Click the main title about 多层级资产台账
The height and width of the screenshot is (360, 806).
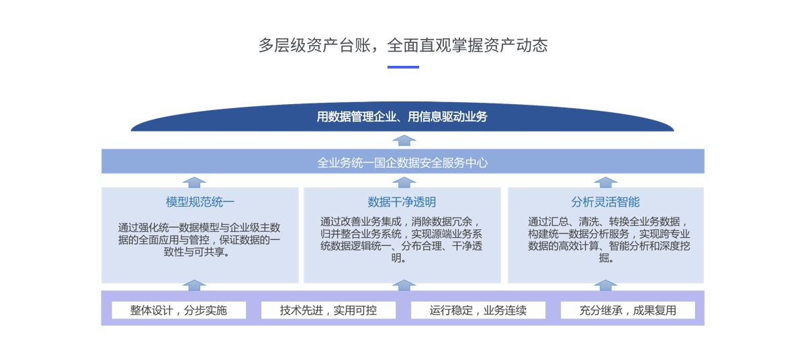(403, 46)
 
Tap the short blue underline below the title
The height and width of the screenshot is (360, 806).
(403, 67)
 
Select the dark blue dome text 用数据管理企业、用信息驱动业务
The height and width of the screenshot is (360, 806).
(402, 117)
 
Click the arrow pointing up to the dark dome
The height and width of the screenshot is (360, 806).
(404, 140)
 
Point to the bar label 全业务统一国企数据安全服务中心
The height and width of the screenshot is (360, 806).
(402, 163)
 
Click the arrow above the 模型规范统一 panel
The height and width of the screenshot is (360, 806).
(194, 182)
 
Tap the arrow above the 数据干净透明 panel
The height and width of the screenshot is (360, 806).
(404, 182)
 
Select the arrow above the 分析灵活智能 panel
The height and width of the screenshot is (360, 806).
(606, 182)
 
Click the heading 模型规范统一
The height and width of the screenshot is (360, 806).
(200, 202)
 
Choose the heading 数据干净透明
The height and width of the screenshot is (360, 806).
(402, 202)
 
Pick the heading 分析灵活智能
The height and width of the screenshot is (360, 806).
(606, 202)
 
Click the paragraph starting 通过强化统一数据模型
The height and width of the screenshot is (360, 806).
(199, 240)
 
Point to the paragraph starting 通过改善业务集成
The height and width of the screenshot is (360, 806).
(401, 240)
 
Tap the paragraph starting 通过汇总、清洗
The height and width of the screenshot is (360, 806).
(609, 240)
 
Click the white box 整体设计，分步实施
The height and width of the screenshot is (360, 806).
(179, 310)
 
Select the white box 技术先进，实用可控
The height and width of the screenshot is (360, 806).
(328, 310)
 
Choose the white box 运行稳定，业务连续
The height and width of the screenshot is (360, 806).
(478, 310)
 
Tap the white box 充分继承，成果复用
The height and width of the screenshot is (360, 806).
(628, 310)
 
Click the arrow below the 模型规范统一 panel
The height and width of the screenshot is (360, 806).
(194, 285)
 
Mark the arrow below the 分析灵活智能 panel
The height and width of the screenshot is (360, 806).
(606, 285)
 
